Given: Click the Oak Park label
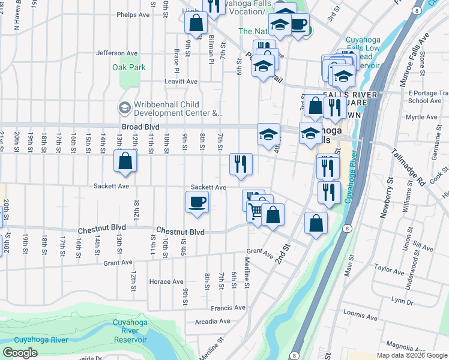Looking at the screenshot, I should tap(128, 68).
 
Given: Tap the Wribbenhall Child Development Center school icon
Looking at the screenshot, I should tap(125, 107).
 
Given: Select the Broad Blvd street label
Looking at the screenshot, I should tap(140, 127).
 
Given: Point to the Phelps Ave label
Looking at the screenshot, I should tap(133, 14).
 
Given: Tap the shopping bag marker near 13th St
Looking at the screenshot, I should tap(125, 161).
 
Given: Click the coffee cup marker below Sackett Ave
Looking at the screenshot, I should tap(197, 202).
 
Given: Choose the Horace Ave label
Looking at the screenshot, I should tap(166, 282).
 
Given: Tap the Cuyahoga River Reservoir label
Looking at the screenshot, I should tap(130, 331).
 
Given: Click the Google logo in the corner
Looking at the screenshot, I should tap(20, 352).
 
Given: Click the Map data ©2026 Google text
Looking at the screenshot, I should tap(412, 355).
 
